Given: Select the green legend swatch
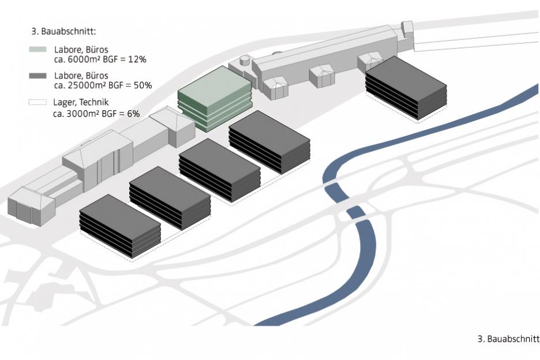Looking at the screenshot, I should coord(38,50).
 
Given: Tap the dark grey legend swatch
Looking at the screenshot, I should coord(38,76).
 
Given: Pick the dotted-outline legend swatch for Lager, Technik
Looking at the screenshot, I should coord(38,102).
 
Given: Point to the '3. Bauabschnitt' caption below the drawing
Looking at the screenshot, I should coord(508,339).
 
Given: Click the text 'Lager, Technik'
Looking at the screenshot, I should coord(81,103).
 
